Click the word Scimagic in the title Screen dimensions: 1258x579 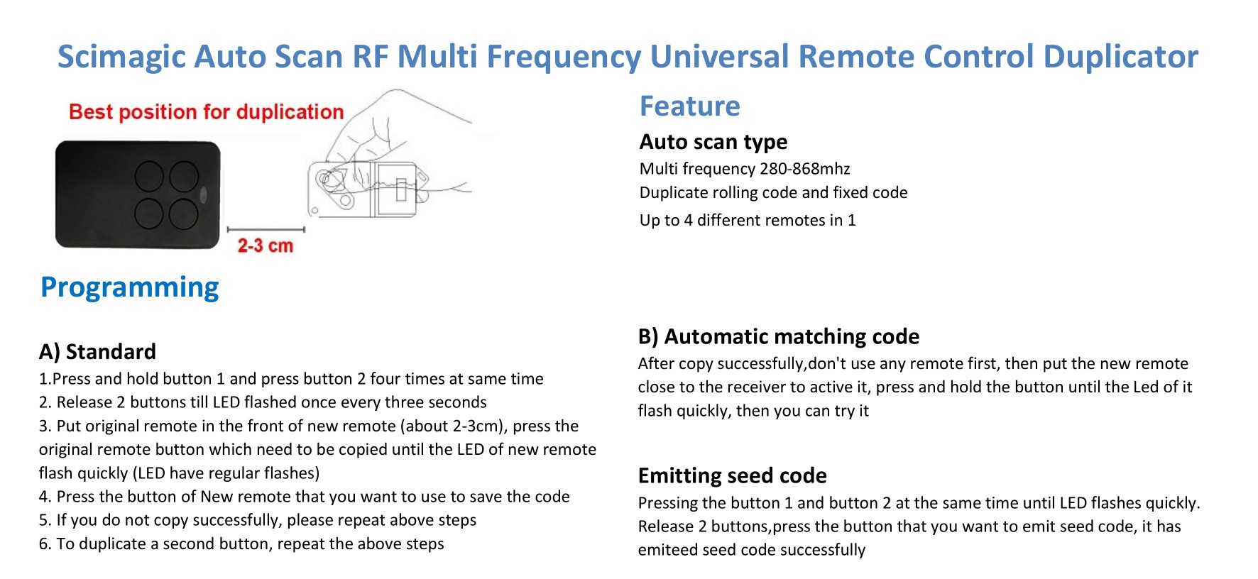[x=121, y=57]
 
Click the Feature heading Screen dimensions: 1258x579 [x=689, y=106]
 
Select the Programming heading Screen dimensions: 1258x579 [x=130, y=287]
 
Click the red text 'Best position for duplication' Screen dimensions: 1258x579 [x=206, y=112]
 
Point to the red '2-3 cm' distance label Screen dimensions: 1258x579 [x=265, y=246]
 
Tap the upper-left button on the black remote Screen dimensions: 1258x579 [x=150, y=176]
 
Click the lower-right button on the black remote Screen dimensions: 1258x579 [x=184, y=214]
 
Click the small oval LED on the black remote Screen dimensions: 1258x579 [x=207, y=194]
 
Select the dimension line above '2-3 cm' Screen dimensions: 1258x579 [x=266, y=229]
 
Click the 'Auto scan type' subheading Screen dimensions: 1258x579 [x=713, y=142]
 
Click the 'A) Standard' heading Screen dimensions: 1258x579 [x=97, y=352]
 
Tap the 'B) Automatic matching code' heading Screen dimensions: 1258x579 [x=779, y=336]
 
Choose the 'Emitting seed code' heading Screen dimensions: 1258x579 [x=733, y=475]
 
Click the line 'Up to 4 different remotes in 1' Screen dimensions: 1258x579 [x=748, y=221]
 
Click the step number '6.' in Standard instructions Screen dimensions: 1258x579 [x=45, y=544]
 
